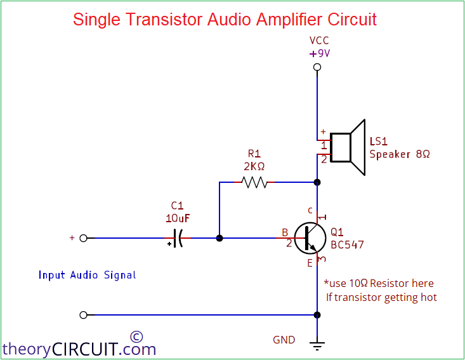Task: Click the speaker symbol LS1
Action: [x=348, y=147]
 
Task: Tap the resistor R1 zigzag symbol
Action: [x=254, y=182]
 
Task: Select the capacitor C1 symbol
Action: [x=178, y=238]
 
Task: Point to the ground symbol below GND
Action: [x=317, y=345]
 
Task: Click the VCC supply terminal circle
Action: [x=317, y=67]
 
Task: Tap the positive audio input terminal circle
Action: [x=83, y=238]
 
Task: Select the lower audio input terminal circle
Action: [x=83, y=315]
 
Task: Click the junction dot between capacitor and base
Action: [x=219, y=238]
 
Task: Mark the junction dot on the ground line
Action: [x=317, y=315]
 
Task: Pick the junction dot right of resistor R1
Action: [x=317, y=182]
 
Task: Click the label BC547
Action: [x=348, y=244]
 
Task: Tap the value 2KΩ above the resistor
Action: [x=254, y=166]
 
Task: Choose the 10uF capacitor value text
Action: [x=178, y=218]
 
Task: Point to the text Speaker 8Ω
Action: [x=400, y=154]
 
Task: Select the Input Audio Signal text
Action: [x=87, y=275]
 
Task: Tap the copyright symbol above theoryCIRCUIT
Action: [x=136, y=337]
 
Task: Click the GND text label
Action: [x=284, y=340]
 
